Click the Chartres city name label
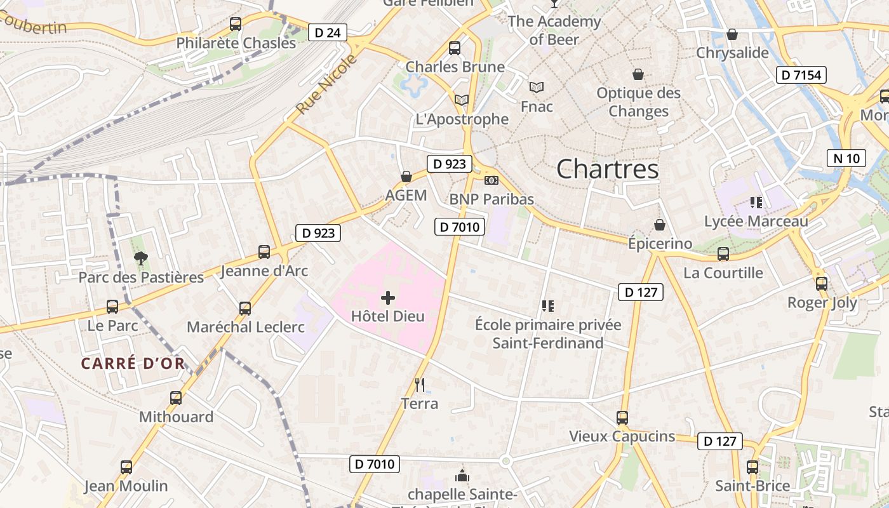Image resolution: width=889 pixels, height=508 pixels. point(607,169)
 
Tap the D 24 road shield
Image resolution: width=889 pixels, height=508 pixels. point(328,32)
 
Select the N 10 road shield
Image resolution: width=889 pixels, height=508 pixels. point(846,158)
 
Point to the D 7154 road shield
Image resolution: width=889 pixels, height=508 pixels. point(801,75)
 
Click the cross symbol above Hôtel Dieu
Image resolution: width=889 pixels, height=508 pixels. point(387,298)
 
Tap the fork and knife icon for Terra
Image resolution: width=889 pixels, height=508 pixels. point(419,384)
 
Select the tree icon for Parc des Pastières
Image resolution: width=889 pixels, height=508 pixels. point(140,258)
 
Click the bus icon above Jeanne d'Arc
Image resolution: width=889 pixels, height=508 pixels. point(264,252)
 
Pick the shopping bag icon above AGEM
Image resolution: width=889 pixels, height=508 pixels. point(406,176)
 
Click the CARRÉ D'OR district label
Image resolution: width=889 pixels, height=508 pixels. point(133,364)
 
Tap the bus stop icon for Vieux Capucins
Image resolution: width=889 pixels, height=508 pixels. point(622,418)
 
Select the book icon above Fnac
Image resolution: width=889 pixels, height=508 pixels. point(537,87)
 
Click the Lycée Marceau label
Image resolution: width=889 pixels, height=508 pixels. point(756,222)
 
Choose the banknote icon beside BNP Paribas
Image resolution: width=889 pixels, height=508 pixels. point(491,180)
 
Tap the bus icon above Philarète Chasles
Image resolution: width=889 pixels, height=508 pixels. point(236,24)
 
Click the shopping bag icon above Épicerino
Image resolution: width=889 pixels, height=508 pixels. point(660,225)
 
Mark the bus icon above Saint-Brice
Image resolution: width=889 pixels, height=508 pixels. point(752,467)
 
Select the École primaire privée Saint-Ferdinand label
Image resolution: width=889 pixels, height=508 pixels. point(548,334)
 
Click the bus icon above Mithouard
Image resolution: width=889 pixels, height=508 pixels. point(176,398)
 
